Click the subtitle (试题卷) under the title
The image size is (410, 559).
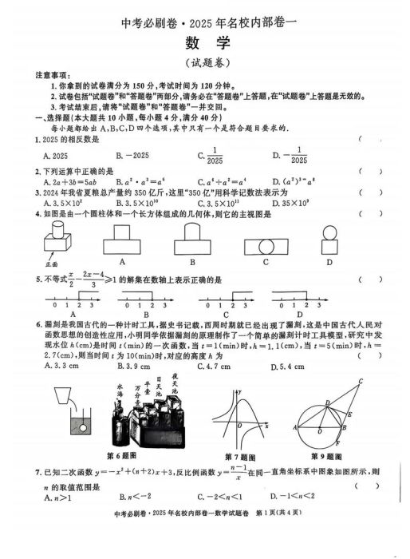pos(205,62)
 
